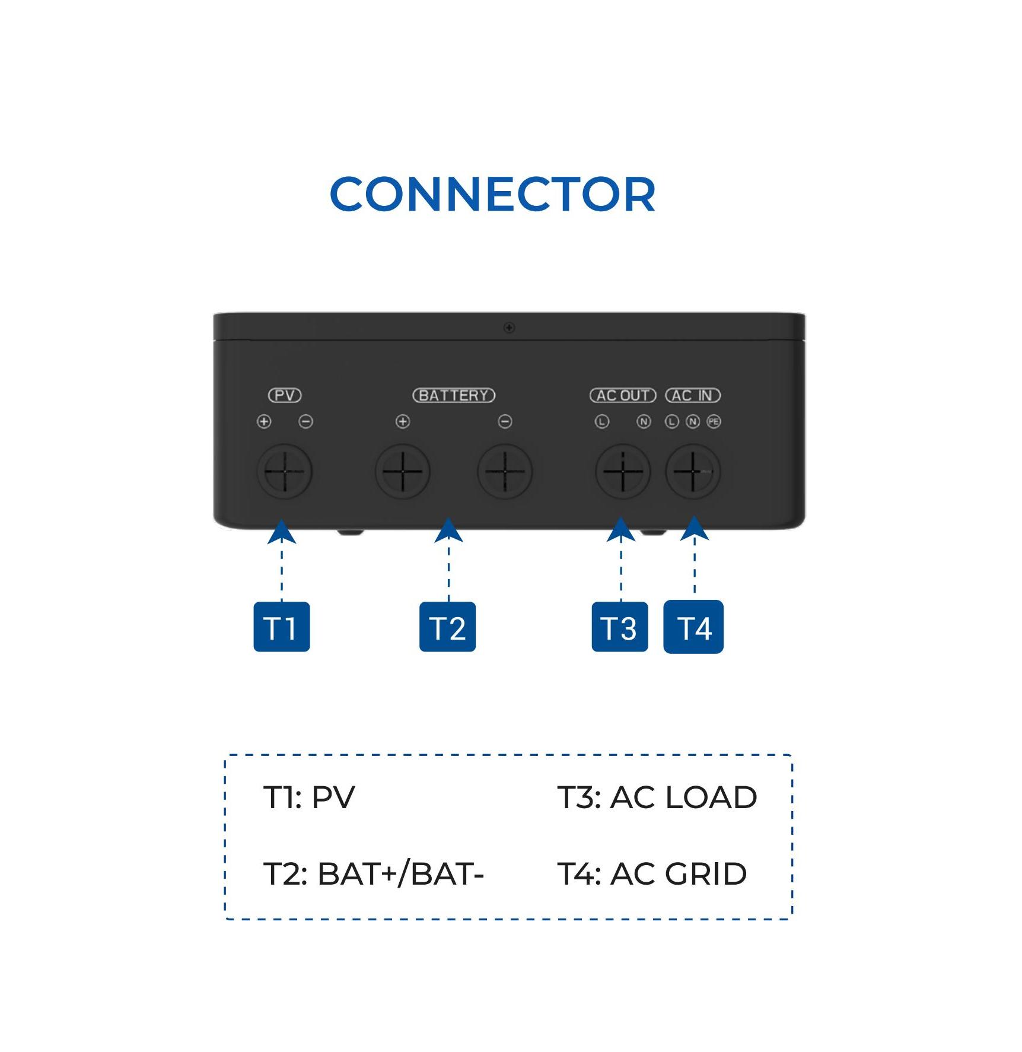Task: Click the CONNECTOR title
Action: (x=492, y=194)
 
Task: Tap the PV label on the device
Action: (x=285, y=395)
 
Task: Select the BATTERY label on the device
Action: (x=454, y=395)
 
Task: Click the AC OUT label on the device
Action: (x=623, y=395)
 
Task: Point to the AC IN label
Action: (x=692, y=395)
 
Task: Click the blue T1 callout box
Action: (x=282, y=627)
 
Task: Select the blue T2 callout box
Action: (x=447, y=627)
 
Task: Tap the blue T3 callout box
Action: (x=620, y=627)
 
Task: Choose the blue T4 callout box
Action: (x=693, y=627)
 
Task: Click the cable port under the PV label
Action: (x=285, y=472)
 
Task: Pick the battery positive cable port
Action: (x=403, y=472)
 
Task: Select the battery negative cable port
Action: (x=505, y=472)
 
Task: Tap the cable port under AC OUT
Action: (x=623, y=472)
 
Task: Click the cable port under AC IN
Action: (x=693, y=472)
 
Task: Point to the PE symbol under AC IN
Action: (x=714, y=421)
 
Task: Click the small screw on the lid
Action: (x=509, y=328)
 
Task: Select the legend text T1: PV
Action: (x=309, y=797)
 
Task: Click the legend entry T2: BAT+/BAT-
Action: (x=374, y=873)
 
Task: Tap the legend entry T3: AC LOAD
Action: (x=657, y=797)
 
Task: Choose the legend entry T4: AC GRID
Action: (x=652, y=873)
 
